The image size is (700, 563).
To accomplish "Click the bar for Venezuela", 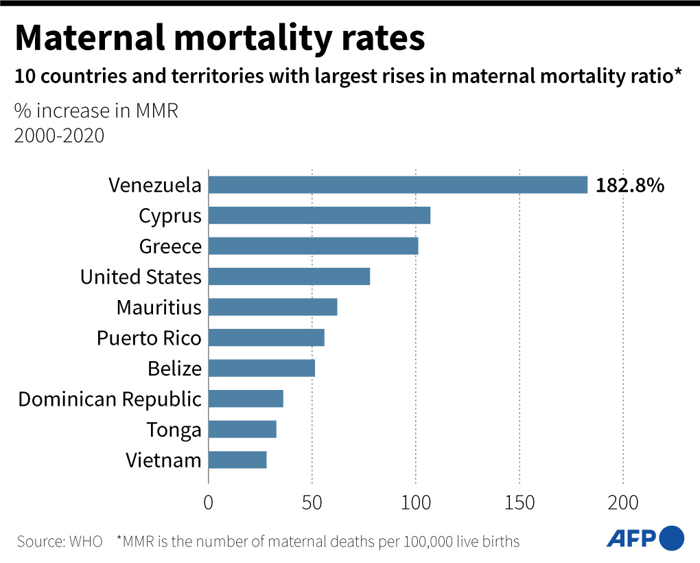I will tap(398, 185).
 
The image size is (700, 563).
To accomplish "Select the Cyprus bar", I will tap(319, 216).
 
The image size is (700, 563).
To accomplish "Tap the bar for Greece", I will tap(313, 246).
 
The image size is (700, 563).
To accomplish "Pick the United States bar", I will tap(289, 277).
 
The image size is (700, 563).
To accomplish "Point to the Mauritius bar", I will tap(272, 307).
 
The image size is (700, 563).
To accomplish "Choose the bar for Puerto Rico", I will tap(266, 338).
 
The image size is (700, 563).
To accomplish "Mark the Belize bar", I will tap(261, 368).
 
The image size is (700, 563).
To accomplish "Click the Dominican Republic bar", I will tap(246, 399).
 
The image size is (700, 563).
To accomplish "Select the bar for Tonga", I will tap(242, 429).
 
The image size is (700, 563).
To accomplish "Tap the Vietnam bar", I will tap(237, 460).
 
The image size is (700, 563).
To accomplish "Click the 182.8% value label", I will tap(630, 185).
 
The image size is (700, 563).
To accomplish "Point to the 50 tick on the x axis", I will tap(312, 503).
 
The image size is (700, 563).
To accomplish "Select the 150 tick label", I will tap(520, 503).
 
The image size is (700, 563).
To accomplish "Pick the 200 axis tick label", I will tap(623, 503).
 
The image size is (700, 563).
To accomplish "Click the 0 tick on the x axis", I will tap(209, 503).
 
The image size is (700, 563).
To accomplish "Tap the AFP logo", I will tap(645, 538).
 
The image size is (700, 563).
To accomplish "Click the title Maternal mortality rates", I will tap(220, 38).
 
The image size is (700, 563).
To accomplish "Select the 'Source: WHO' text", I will tap(60, 541).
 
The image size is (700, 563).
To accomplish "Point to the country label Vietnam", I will tap(163, 460).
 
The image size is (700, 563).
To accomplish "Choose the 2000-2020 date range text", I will tap(60, 136).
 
